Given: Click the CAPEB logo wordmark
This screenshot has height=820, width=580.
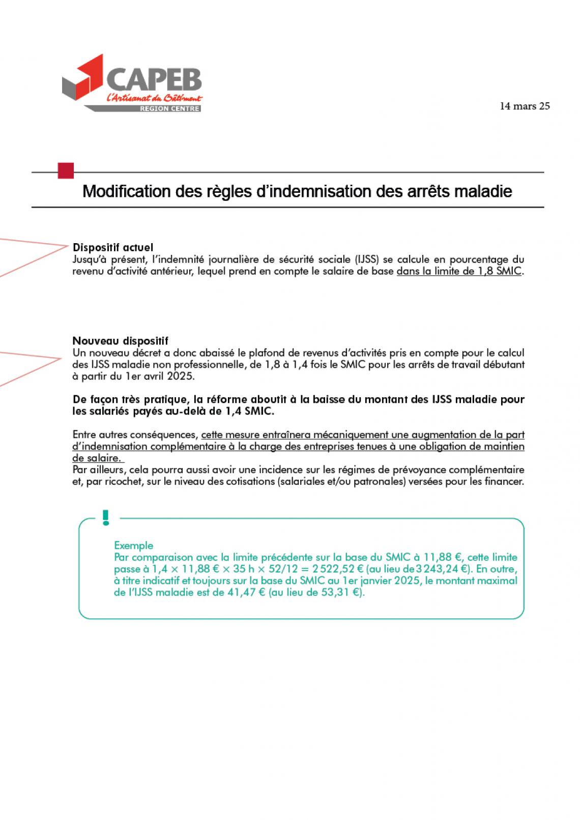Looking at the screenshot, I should [x=154, y=80].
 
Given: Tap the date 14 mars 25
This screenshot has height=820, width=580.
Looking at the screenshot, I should [x=525, y=106].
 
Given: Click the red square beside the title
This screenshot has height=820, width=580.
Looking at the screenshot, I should [x=66, y=170].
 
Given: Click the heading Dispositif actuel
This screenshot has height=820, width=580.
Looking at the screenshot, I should [x=112, y=248].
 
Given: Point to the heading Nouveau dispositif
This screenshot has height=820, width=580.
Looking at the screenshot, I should [x=120, y=341].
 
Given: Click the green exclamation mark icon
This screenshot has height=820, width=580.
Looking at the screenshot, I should [x=106, y=517].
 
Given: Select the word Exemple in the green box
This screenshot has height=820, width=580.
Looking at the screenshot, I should [x=133, y=545].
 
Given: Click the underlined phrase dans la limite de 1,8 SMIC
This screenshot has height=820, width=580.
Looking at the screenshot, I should [x=459, y=271].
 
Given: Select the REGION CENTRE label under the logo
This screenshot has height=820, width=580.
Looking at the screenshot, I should [x=169, y=109].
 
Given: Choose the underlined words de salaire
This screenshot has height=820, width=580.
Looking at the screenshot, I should [x=96, y=458].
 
